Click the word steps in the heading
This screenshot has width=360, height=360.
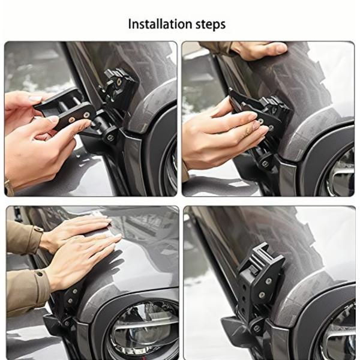click(211, 25)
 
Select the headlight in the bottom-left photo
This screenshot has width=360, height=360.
click(142, 330)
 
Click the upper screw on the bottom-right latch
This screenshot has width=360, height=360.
click(268, 281)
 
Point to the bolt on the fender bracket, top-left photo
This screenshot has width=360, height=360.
click(110, 137)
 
